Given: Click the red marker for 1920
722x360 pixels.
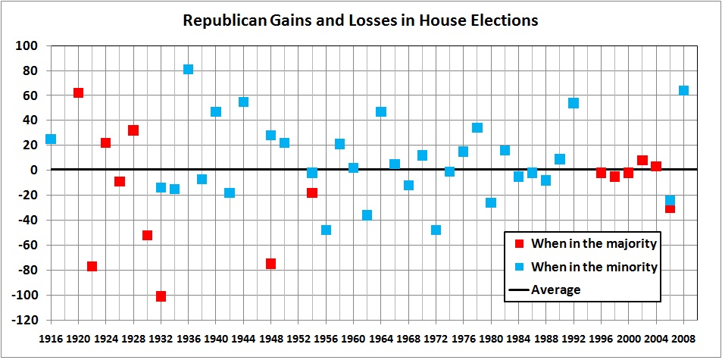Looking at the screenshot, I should point(78,92).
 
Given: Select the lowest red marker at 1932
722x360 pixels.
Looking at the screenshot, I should point(161,296).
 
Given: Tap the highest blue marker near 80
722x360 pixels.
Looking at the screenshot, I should point(188,69).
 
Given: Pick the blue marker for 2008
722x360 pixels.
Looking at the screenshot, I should point(683,90).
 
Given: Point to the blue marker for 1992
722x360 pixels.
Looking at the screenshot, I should point(574,102).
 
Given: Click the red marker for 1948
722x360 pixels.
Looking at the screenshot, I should point(270,263).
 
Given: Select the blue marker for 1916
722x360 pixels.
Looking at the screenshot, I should point(51,139).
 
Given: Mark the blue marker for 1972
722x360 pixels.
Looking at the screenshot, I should point(436,230).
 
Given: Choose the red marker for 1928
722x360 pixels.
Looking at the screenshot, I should point(133,130).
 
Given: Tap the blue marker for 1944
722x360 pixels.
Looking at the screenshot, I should point(243,102).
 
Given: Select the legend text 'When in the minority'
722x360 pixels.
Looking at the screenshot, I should point(594,267).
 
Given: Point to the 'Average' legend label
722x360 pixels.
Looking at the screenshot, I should point(556,290).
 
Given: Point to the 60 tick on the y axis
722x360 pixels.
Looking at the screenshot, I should point(30,95).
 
